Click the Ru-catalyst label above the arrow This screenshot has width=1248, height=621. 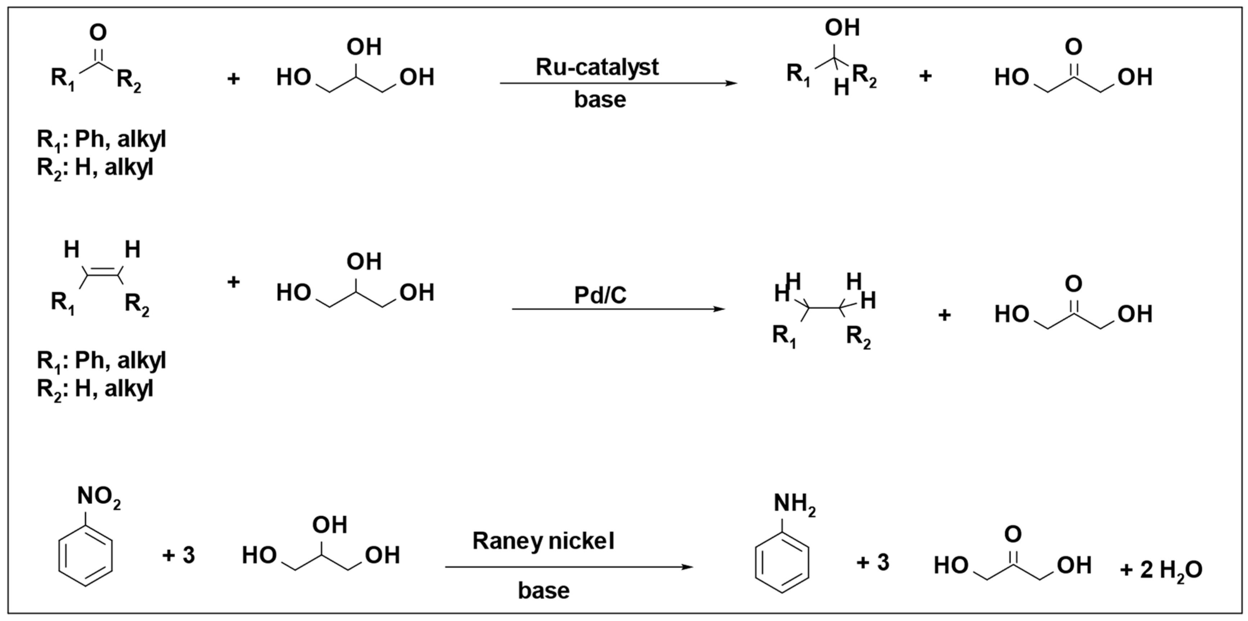coord(597,67)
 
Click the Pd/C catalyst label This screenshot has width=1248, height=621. coord(600,295)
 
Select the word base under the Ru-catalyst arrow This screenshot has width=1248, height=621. coord(600,100)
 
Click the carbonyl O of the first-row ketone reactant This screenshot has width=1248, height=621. coord(98,33)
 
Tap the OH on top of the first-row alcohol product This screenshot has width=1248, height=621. coord(842,28)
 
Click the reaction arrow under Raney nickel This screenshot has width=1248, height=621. coord(569,567)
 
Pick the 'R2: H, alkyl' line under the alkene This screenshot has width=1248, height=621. coord(95,389)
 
